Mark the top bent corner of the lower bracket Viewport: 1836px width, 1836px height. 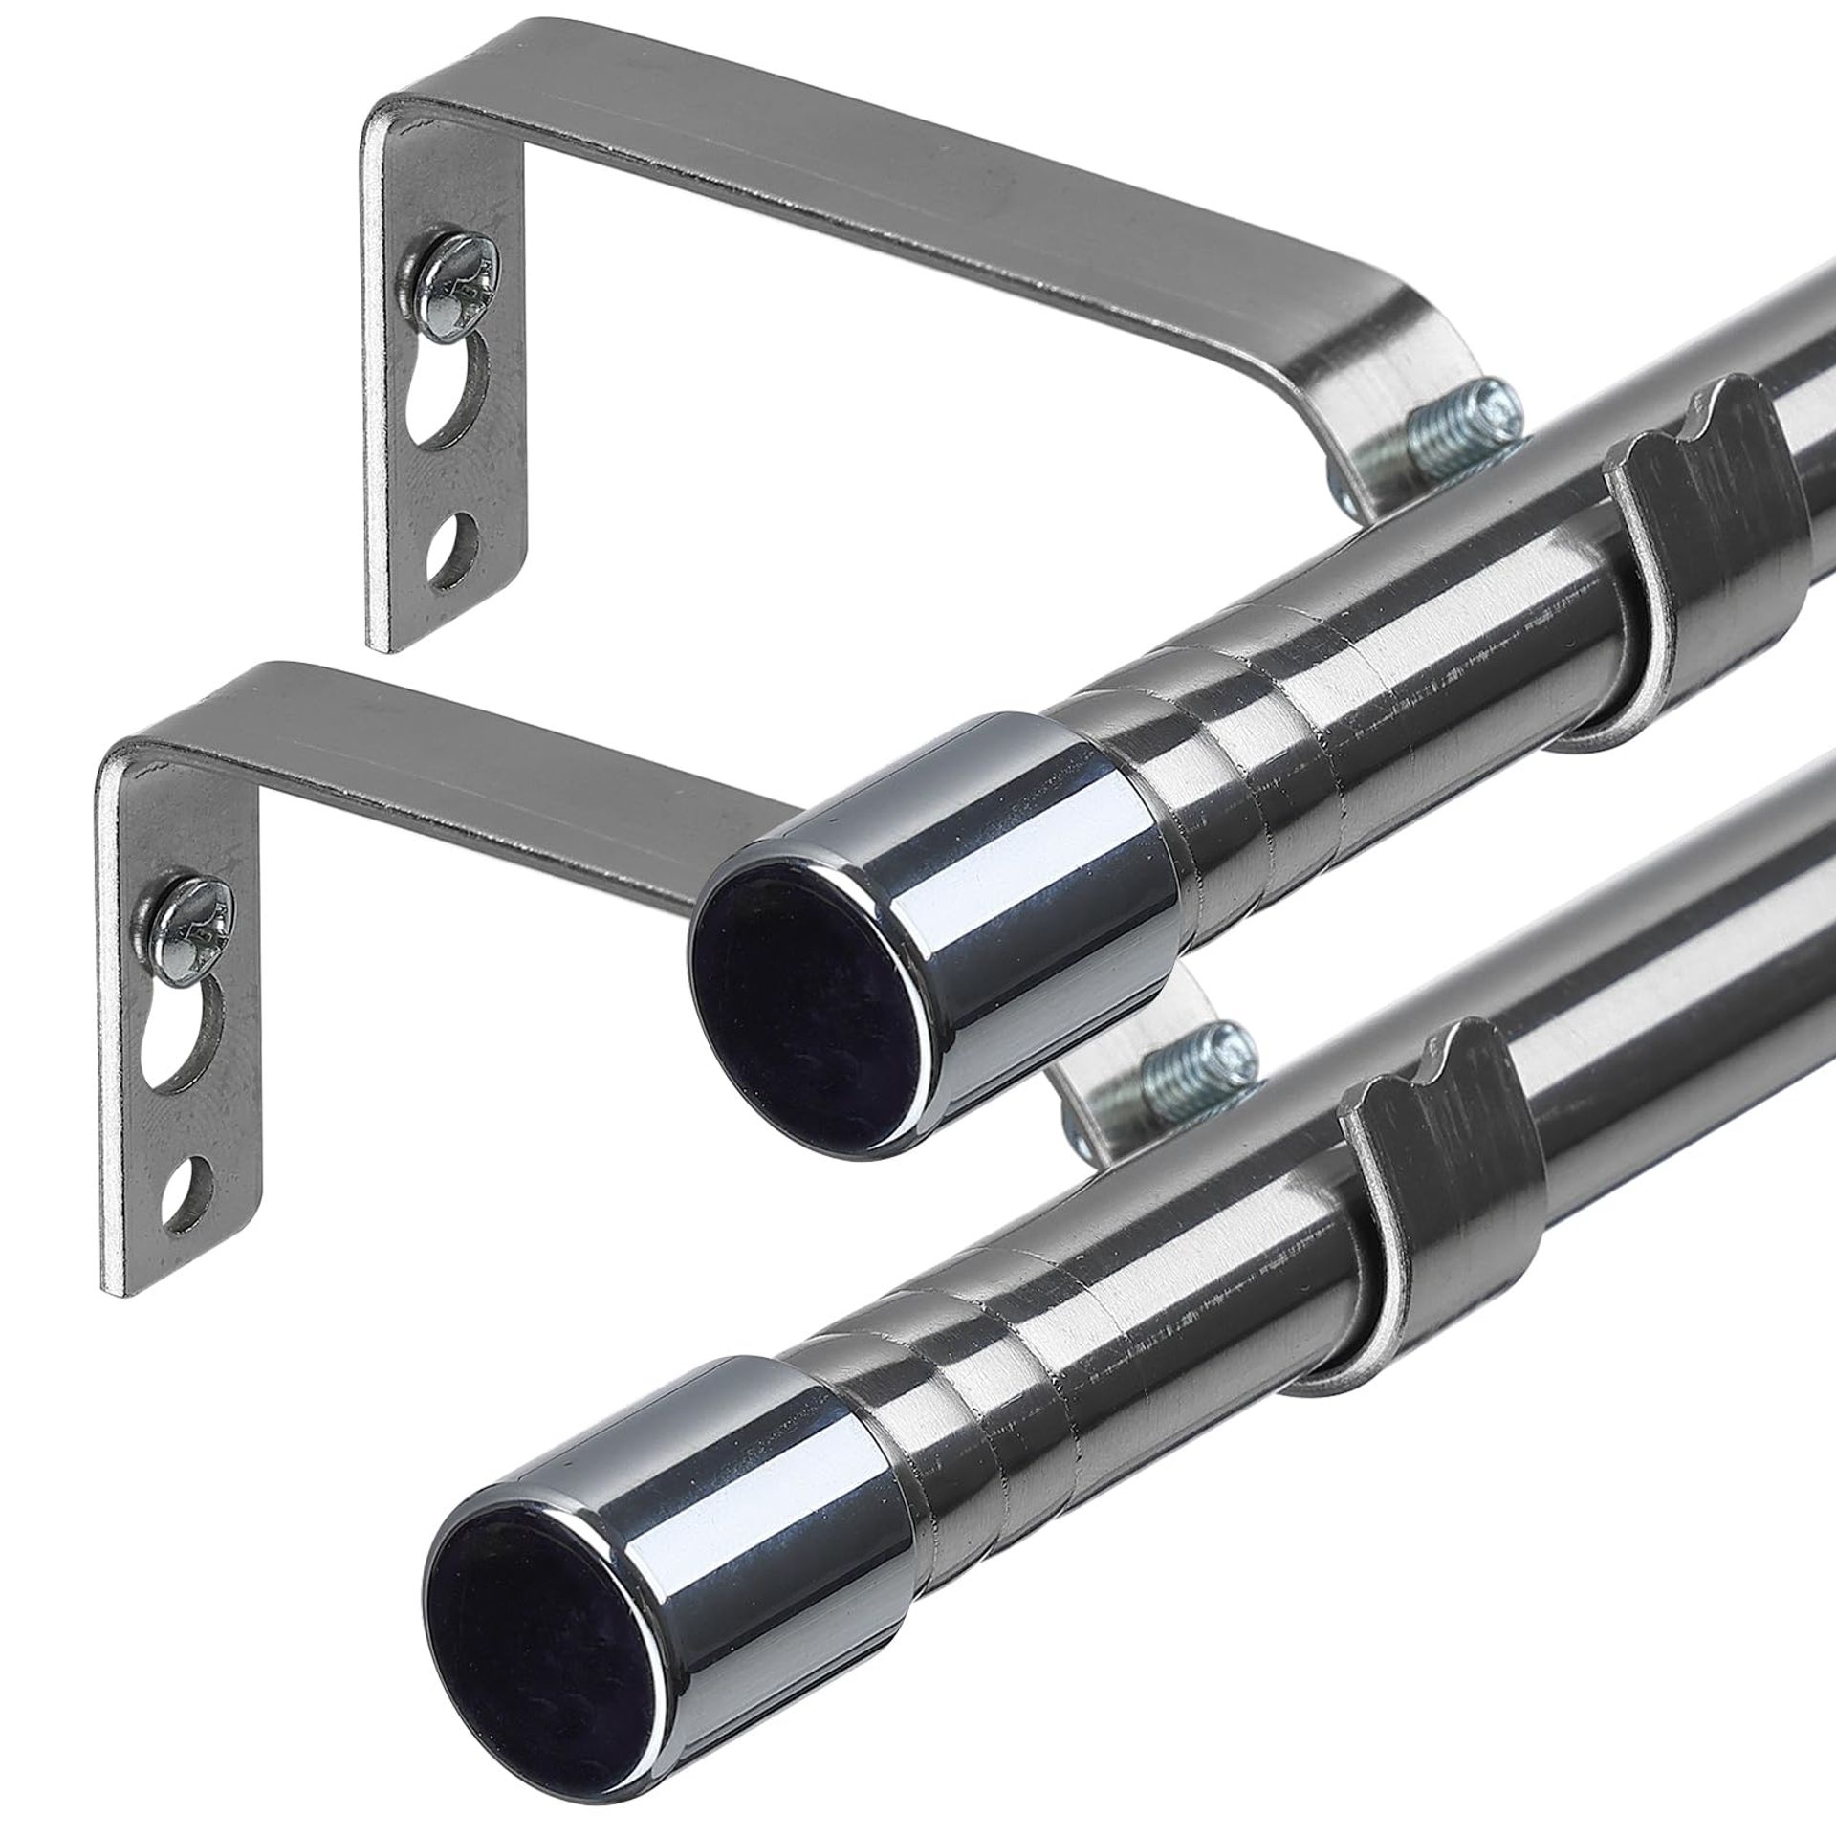click(115, 755)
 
